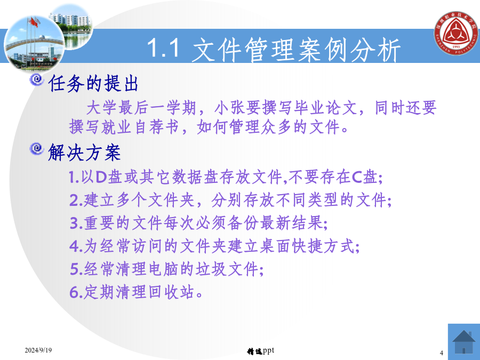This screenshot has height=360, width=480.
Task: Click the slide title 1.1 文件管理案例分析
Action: click(x=274, y=49)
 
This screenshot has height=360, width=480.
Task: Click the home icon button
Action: click(x=464, y=342)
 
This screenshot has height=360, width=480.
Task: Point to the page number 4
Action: click(x=442, y=353)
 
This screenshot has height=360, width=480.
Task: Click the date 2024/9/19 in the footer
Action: click(x=38, y=350)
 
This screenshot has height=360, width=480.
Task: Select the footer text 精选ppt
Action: click(x=260, y=351)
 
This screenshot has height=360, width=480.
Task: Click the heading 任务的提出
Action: click(x=93, y=83)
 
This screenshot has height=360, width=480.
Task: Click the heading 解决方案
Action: click(x=84, y=152)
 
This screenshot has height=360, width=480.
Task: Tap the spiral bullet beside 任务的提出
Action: click(x=37, y=80)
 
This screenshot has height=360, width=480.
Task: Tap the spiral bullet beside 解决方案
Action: click(x=37, y=149)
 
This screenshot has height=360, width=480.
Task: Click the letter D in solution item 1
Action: click(x=101, y=177)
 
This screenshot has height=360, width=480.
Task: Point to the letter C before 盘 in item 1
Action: click(x=357, y=177)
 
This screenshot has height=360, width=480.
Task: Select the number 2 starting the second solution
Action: click(x=74, y=200)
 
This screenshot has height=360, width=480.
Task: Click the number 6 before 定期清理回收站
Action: click(x=74, y=292)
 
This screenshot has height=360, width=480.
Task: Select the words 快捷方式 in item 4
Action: click(x=323, y=246)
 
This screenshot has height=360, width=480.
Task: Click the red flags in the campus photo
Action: click(x=34, y=22)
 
